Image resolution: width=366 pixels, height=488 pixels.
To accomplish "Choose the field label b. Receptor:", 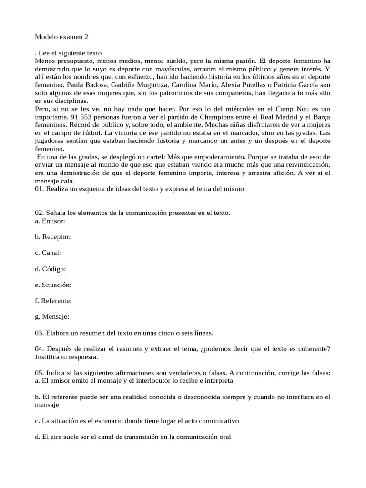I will [x=53, y=236].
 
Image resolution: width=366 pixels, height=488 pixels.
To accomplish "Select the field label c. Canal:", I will [x=48, y=252].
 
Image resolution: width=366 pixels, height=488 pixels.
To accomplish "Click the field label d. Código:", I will [x=51, y=268].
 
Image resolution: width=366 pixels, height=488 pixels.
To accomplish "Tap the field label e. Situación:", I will [x=53, y=285].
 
